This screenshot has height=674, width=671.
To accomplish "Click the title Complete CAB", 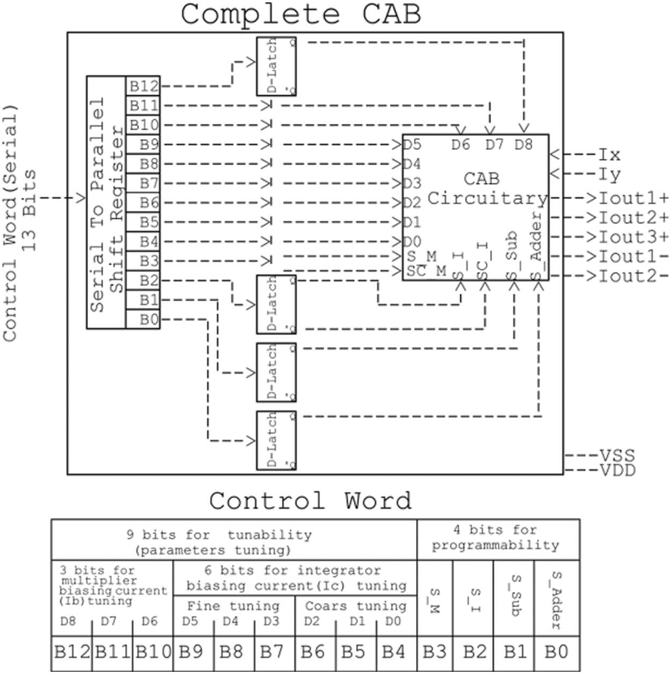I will click(301, 14).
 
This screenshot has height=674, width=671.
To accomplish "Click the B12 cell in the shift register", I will click(143, 86).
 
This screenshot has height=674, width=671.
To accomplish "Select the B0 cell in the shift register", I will click(143, 320).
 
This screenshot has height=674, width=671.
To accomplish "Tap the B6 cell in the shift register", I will click(143, 203).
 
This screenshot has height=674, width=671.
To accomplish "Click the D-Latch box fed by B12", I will click(276, 66).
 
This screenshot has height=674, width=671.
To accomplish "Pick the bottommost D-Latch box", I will click(276, 440).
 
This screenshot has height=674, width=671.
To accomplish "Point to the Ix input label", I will click(609, 155).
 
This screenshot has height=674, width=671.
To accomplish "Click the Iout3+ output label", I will click(633, 236).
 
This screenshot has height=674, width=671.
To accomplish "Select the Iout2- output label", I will click(633, 276).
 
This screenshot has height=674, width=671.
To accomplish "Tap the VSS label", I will click(617, 456).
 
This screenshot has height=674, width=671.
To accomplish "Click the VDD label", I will click(617, 470).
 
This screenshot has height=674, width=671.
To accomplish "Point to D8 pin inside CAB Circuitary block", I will click(523, 145).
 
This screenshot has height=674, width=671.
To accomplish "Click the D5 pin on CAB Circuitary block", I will click(412, 145).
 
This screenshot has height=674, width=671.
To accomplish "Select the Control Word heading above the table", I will click(310, 501).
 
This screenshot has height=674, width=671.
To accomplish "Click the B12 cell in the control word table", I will click(72, 652).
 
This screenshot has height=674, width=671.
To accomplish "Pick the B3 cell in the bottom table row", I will click(434, 652).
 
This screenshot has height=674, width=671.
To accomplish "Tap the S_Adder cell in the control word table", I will click(556, 599).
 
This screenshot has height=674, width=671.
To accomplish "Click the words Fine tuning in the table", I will click(234, 606).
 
